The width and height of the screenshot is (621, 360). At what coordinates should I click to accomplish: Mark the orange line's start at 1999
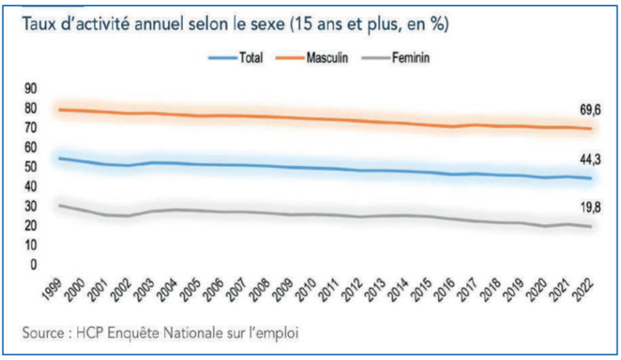tap(59, 109)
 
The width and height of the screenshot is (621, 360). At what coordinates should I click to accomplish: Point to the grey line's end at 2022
tap(589, 227)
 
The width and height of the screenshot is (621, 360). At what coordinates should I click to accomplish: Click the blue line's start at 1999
tap(59, 158)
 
